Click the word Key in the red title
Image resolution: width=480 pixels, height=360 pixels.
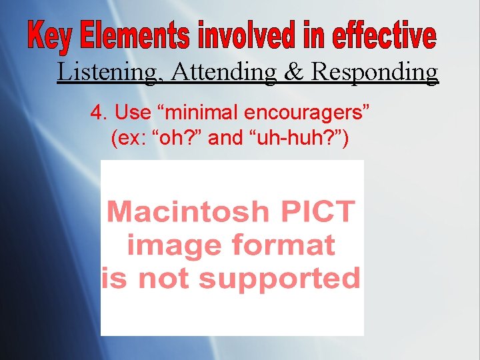pos(51,37)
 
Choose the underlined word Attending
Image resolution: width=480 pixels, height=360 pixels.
pos(223,72)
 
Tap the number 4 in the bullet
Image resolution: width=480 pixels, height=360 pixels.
pos(95,113)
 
